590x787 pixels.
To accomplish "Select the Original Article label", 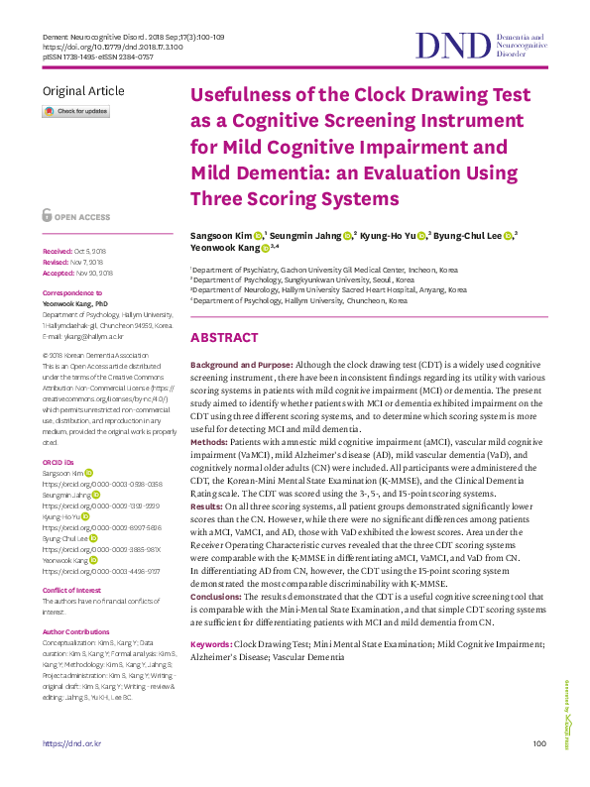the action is click(x=84, y=90).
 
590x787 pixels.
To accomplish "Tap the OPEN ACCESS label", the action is click(x=81, y=215).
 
